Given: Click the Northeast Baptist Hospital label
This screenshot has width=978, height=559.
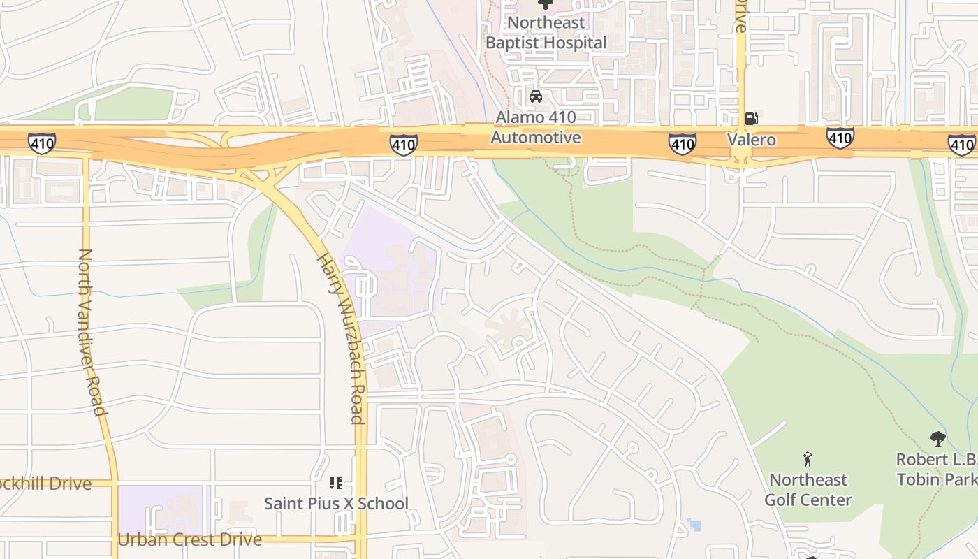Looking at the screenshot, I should [x=546, y=33].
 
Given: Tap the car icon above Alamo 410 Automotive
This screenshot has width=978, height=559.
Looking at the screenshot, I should [x=536, y=96].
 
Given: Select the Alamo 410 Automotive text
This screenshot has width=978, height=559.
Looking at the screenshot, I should [x=536, y=127].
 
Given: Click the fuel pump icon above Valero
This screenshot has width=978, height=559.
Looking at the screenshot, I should [x=752, y=119].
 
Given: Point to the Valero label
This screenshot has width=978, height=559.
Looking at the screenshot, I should [x=752, y=140].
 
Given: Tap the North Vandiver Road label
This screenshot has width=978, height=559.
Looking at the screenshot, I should [x=92, y=331].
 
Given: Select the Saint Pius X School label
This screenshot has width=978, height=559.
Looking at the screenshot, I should [x=336, y=503].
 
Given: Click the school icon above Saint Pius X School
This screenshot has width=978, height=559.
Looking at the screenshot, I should [x=336, y=483].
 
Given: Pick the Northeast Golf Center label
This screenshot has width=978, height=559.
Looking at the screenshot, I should [x=808, y=490].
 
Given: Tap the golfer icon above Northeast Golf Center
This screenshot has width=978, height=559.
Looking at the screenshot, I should [x=808, y=459].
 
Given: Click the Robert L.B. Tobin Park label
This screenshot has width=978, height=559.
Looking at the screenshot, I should [x=936, y=470].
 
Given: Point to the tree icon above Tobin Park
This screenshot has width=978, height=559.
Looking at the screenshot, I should [x=938, y=439].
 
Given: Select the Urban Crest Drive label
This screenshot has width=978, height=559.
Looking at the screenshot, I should [x=189, y=539].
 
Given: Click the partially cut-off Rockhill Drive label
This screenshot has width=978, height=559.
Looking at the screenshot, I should [x=45, y=484].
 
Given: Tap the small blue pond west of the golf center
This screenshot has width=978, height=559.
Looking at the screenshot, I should [x=694, y=524].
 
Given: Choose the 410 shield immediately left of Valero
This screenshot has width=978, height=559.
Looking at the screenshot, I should [x=682, y=144].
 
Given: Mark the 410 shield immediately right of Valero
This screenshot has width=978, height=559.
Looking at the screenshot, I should [x=840, y=138].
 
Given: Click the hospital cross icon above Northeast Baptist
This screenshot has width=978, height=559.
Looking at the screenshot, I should [x=545, y=3].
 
